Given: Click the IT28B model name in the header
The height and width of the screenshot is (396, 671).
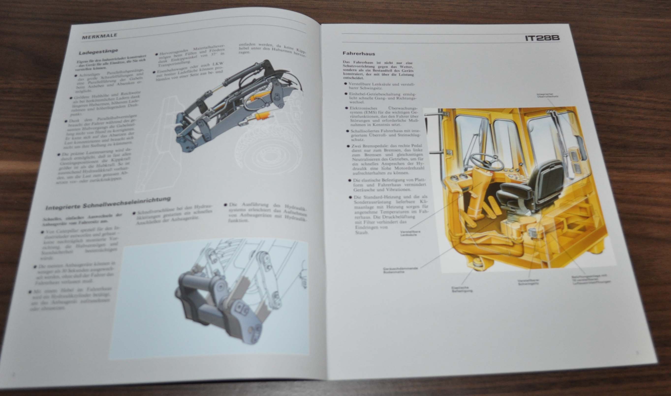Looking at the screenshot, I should [x=542, y=38].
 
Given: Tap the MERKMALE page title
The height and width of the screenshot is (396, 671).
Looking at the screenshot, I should [x=99, y=36].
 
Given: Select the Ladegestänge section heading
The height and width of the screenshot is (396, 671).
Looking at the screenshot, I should [x=98, y=52].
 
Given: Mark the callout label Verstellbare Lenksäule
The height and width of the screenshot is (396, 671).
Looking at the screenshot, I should [x=410, y=233].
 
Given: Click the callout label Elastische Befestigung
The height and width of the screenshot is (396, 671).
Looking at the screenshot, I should [x=462, y=290].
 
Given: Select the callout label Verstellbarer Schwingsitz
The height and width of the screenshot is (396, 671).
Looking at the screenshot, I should [x=528, y=282].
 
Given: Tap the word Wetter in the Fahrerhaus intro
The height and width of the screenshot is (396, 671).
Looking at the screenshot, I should [x=406, y=66].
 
